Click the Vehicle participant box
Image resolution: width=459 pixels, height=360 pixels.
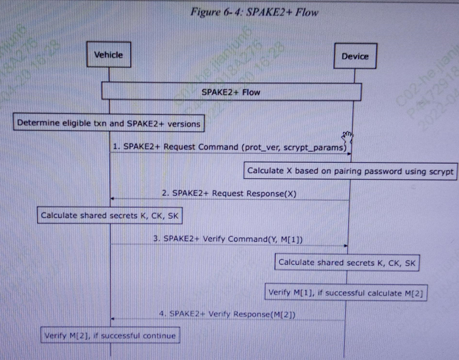pyautogui.click(x=108, y=54)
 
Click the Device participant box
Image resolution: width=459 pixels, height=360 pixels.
pyautogui.click(x=355, y=57)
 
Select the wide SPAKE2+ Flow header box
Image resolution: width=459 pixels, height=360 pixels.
pyautogui.click(x=231, y=92)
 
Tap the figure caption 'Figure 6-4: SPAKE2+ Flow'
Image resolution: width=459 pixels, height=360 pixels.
pyautogui.click(x=256, y=12)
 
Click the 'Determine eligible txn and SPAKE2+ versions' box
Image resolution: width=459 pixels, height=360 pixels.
pyautogui.click(x=109, y=124)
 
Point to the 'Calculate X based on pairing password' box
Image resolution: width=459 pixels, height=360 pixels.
pyautogui.click(x=350, y=171)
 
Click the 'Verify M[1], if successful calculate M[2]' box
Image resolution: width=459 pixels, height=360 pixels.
pyautogui.click(x=346, y=292)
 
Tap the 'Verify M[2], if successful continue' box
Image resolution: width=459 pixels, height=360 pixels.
pyautogui.click(x=109, y=335)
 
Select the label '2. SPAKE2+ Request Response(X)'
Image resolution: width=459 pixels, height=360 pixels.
pyautogui.click(x=229, y=193)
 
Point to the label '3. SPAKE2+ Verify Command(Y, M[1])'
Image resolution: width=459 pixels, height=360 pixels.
pyautogui.click(x=228, y=239)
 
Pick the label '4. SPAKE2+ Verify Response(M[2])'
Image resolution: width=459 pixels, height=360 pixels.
pyautogui.click(x=227, y=315)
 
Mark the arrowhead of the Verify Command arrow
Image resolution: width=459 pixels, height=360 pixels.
pyautogui.click(x=346, y=246)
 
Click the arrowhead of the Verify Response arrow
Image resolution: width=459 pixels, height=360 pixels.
pyautogui.click(x=113, y=319)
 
